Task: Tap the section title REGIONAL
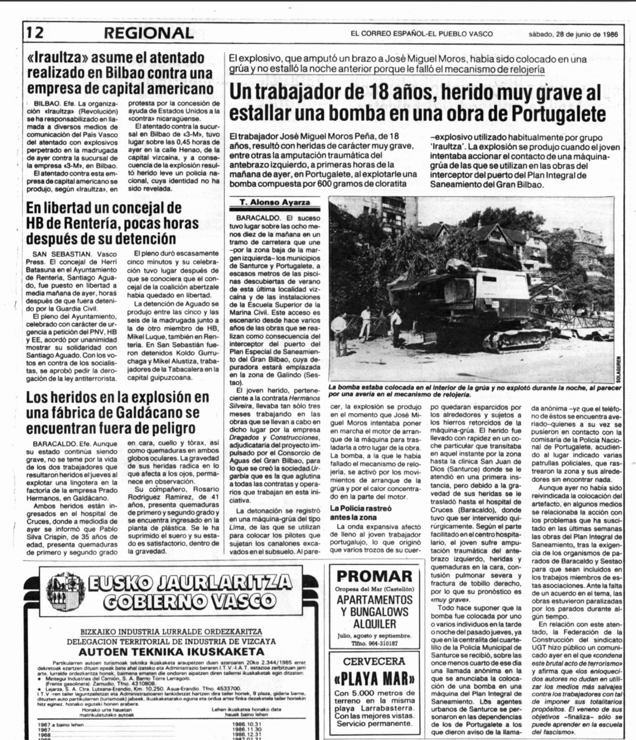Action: tap(149, 34)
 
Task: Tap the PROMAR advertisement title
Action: tap(375, 576)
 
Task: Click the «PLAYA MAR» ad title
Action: tap(375, 679)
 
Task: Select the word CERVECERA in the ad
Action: tap(375, 661)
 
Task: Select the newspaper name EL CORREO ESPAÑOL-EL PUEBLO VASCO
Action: tap(421, 34)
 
